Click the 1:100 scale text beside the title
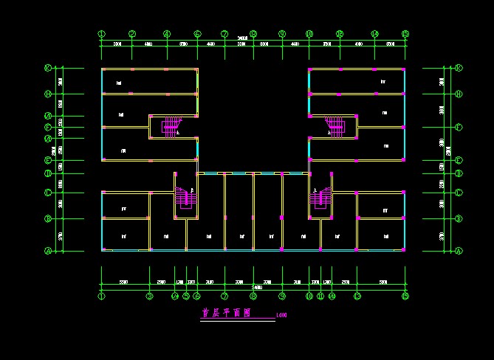(x=281, y=316)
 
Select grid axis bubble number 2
(x=132, y=33)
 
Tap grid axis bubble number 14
(x=375, y=33)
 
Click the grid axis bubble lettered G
(x=48, y=116)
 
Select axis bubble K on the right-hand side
(x=459, y=68)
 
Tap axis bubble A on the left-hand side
(x=48, y=251)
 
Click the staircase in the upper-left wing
(x=171, y=126)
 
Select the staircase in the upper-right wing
(x=335, y=126)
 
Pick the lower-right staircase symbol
(x=321, y=198)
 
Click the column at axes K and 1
(x=102, y=69)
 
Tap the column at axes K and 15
(x=405, y=69)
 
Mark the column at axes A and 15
(x=405, y=250)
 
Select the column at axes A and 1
(x=102, y=250)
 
